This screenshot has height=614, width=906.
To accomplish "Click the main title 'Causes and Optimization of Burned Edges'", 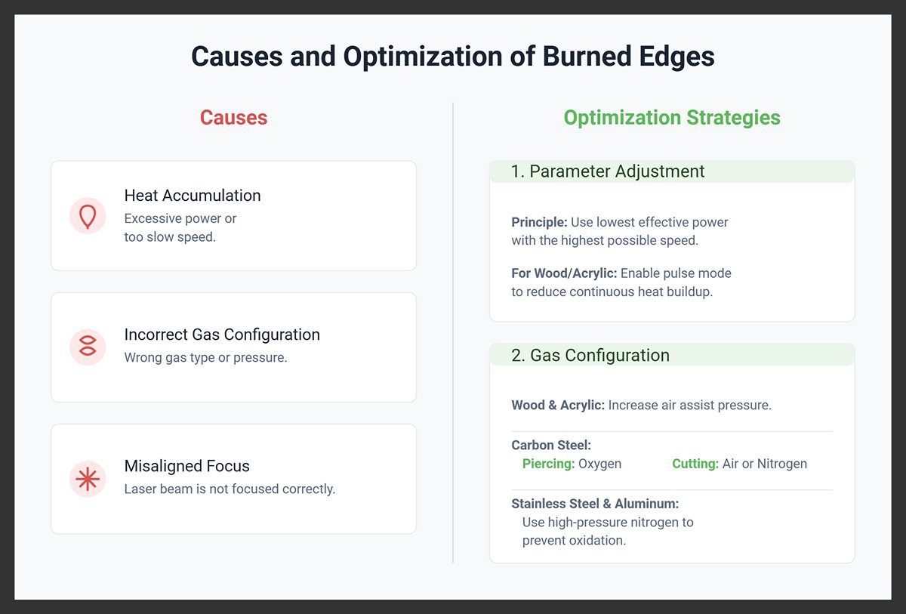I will click(452, 57).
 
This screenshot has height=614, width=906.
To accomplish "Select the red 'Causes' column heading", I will click(233, 118).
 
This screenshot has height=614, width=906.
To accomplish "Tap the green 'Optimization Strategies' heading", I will click(672, 118).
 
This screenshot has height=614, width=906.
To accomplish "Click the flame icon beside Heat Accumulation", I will click(88, 215).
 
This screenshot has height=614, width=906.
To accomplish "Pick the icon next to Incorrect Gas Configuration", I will click(88, 347).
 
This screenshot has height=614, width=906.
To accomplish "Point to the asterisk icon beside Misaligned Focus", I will click(88, 479).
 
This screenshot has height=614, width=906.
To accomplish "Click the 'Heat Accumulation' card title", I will click(193, 196).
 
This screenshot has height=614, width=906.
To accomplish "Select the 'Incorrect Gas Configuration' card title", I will click(222, 335).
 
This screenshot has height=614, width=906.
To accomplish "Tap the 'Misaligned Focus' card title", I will click(186, 466).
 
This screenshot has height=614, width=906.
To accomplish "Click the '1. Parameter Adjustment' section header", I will click(608, 171).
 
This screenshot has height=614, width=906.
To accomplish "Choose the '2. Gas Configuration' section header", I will click(590, 355).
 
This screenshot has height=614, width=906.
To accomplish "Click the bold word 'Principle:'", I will click(539, 223).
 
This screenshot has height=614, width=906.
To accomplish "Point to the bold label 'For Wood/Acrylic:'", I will click(564, 273).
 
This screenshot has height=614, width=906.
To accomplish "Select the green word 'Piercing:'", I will click(548, 464).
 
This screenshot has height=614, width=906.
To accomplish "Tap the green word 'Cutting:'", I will click(695, 464).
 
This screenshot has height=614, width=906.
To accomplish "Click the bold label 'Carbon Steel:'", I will click(551, 446).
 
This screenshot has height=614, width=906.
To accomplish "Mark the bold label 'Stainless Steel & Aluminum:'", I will click(595, 504).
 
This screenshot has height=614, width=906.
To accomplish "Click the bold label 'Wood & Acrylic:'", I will click(558, 406).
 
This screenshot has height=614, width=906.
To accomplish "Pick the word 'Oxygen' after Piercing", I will click(599, 464).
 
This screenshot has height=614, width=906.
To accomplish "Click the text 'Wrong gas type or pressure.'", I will click(205, 357).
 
